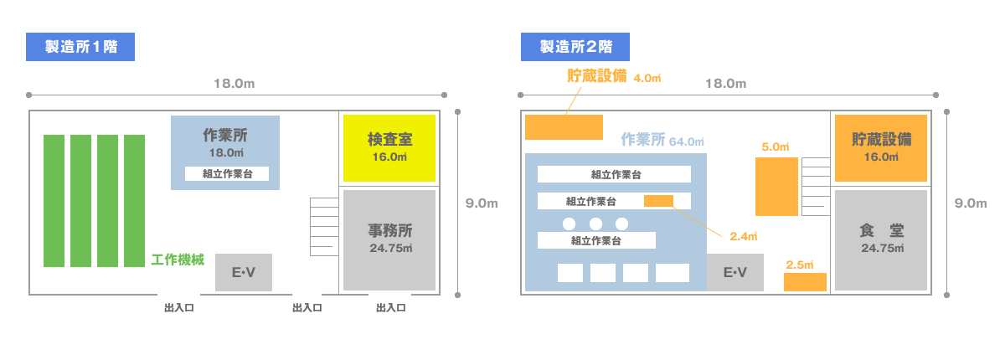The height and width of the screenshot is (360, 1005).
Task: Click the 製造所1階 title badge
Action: click(x=80, y=47)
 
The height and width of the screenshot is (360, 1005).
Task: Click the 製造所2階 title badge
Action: click(x=575, y=47)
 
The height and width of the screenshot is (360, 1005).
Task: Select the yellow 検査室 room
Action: click(x=389, y=148)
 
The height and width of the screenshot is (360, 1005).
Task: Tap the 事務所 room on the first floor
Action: click(x=389, y=239)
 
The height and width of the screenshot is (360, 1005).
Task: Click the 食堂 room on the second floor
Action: click(x=881, y=239)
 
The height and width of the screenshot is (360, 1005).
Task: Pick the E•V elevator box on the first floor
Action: click(x=244, y=272)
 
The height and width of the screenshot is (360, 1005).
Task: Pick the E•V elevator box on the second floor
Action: click(x=734, y=272)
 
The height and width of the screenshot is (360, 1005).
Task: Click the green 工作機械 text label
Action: click(x=178, y=260)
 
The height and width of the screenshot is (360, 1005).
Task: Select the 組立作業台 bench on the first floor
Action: click(x=227, y=174)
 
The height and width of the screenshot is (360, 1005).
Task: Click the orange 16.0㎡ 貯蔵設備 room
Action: click(x=881, y=148)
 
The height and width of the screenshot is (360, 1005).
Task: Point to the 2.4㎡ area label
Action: click(x=743, y=237)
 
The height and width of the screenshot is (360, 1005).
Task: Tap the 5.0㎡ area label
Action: click(x=776, y=147)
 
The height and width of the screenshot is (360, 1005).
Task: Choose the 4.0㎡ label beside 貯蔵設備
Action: click(x=647, y=78)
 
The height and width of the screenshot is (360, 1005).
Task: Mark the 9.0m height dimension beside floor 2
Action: click(x=971, y=203)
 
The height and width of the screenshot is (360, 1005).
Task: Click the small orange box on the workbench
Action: click(x=658, y=201)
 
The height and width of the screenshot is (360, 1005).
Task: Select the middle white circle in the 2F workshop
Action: click(x=595, y=224)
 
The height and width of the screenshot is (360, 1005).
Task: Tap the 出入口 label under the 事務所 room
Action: click(x=391, y=308)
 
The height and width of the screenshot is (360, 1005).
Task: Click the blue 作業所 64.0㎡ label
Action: click(x=662, y=140)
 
